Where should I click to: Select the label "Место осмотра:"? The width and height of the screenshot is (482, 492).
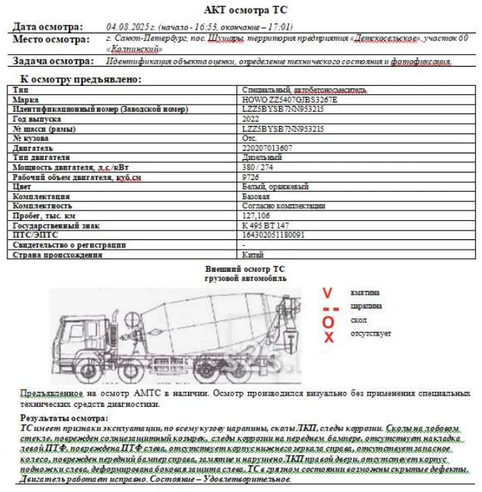[51, 39]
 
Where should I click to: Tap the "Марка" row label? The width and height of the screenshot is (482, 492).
[26, 99]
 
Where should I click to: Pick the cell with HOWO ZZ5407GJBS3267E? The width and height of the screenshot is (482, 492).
[289, 99]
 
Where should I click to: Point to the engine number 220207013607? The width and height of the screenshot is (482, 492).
[267, 147]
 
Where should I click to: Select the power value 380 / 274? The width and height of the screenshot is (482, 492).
[258, 167]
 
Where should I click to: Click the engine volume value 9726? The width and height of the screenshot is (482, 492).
[250, 177]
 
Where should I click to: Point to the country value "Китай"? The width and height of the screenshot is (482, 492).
[252, 254]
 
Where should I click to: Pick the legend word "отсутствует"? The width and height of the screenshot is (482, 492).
[371, 333]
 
